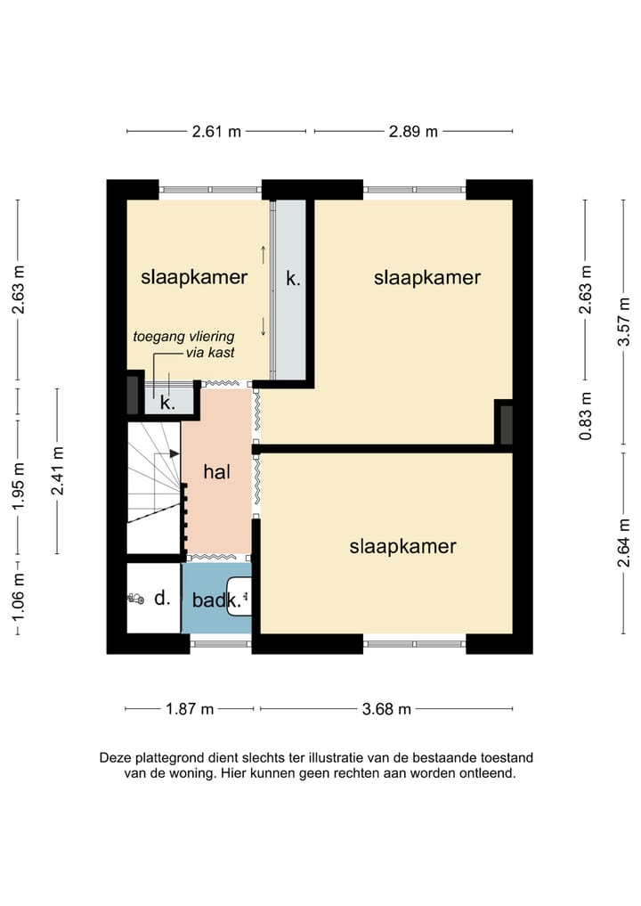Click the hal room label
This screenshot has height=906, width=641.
[216, 472]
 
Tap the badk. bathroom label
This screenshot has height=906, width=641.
[216, 600]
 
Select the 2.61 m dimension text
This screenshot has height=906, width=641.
[216, 132]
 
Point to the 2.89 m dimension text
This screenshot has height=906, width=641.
[413, 132]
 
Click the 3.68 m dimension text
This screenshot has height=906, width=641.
[386, 709]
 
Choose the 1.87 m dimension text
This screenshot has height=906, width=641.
[190, 709]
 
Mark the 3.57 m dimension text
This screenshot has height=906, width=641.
[624, 322]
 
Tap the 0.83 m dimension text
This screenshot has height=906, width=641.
[586, 416]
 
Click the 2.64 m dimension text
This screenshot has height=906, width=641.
[624, 543]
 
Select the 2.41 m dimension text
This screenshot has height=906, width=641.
[57, 471]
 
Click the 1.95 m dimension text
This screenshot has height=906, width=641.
[19, 486]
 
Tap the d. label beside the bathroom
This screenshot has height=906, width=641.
[162, 598]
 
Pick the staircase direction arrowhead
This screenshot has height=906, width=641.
[174, 454]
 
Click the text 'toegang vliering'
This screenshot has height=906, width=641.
[183, 336]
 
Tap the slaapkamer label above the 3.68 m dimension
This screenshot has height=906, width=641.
[402, 547]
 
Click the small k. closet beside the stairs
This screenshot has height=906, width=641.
[168, 401]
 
